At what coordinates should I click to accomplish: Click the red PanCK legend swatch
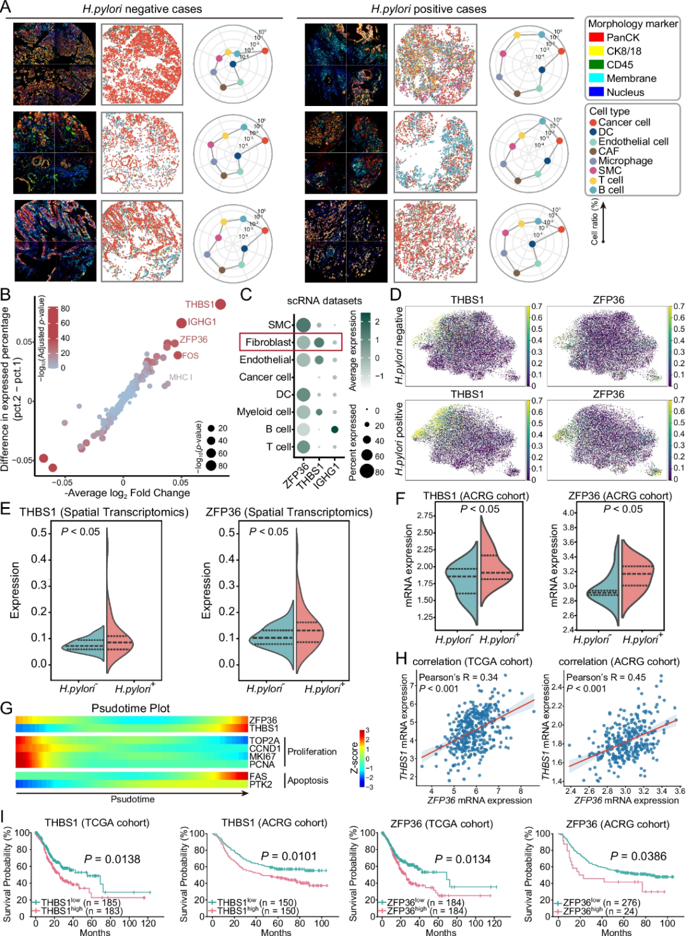click(x=596, y=37)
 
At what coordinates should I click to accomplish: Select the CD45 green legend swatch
click(x=596, y=65)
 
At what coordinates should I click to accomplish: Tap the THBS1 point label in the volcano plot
click(x=199, y=305)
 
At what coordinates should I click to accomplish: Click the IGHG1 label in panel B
click(x=202, y=322)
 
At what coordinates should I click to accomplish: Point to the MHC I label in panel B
click(x=180, y=378)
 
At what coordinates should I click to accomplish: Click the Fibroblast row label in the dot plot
click(x=268, y=343)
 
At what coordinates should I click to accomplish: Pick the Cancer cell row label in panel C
click(x=265, y=377)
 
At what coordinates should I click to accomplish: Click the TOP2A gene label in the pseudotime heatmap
click(x=264, y=741)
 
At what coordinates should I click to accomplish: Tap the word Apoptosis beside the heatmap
click(x=308, y=781)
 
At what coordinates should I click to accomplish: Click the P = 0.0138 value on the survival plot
click(x=112, y=859)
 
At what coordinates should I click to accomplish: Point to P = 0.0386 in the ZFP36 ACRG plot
click(x=638, y=857)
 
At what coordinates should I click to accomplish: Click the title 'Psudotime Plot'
click(x=130, y=708)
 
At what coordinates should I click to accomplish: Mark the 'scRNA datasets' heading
click(x=324, y=301)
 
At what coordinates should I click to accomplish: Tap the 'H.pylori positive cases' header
click(x=429, y=10)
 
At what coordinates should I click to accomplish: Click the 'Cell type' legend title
click(x=609, y=112)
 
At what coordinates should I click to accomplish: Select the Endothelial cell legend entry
click(x=633, y=142)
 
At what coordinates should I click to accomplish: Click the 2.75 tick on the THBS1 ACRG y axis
click(x=425, y=516)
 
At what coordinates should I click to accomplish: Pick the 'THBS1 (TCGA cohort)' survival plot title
click(x=97, y=823)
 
